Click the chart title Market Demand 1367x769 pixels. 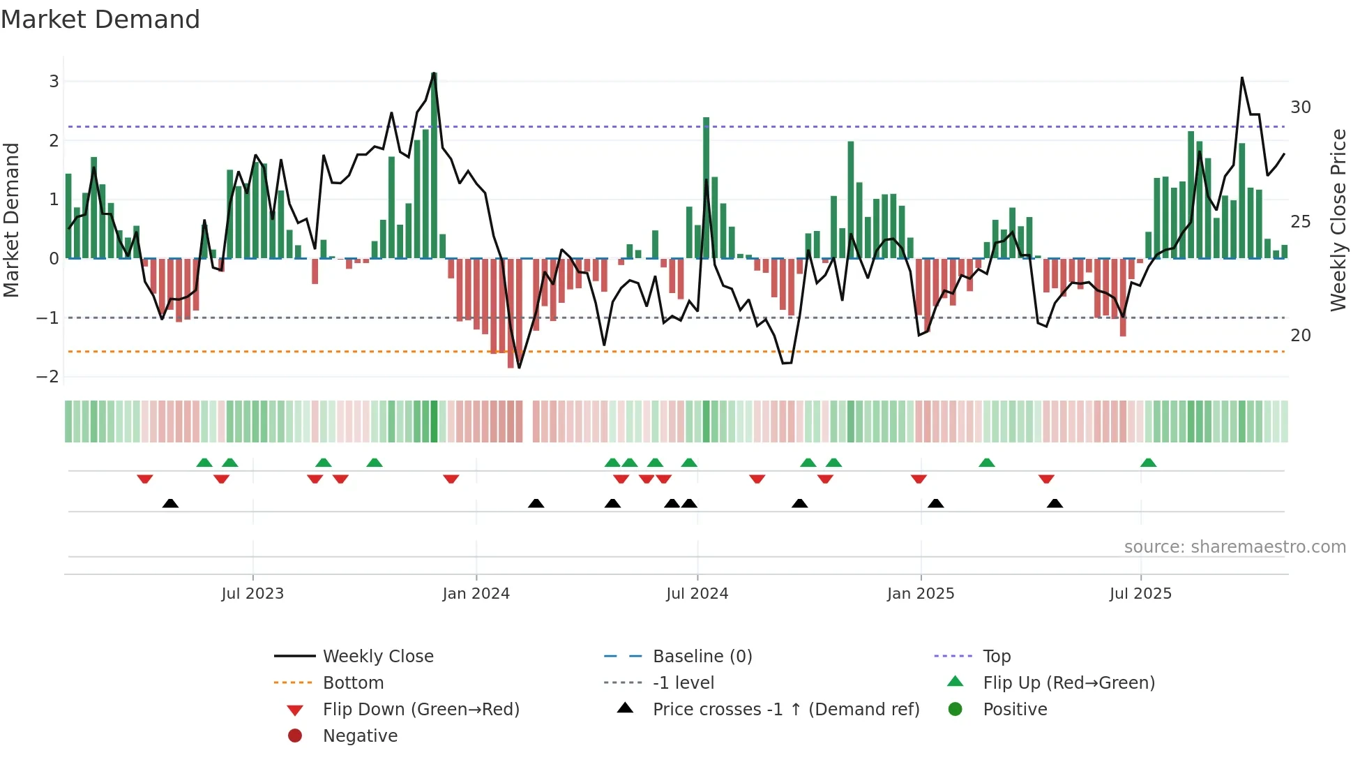100,20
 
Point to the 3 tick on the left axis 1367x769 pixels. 54,82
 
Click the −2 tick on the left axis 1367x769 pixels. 48,377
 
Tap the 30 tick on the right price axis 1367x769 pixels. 1300,107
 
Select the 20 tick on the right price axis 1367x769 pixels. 1300,336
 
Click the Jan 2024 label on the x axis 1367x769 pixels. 476,594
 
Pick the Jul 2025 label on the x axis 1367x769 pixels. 1140,594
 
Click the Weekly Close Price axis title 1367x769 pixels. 1338,220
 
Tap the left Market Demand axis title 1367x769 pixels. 11,220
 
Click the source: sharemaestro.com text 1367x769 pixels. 1234,547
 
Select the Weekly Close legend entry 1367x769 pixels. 377,657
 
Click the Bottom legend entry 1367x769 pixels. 353,683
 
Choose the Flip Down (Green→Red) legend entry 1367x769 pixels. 421,710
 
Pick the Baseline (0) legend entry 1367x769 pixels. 702,657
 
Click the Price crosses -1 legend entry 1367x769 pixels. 785,710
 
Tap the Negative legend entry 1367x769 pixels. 360,736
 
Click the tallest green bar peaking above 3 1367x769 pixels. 434,167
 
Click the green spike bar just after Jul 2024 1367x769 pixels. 706,188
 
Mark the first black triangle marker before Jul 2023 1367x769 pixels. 170,503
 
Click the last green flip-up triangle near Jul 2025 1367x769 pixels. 1148,463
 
